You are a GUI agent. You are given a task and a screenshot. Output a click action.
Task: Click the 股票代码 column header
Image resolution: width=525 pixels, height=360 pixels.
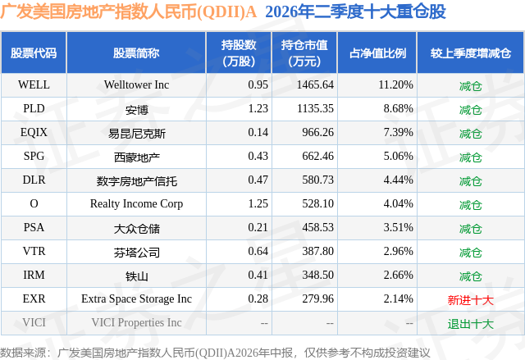(x=34, y=53)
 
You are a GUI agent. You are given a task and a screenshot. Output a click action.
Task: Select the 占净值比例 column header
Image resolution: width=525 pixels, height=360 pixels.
(x=377, y=53)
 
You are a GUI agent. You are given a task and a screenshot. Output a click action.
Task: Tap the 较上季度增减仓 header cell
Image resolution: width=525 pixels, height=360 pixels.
(x=470, y=53)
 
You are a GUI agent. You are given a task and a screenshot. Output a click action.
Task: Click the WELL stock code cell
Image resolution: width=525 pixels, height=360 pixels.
(x=34, y=84)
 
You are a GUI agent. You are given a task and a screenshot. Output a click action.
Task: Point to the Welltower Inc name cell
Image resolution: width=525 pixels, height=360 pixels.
(x=137, y=84)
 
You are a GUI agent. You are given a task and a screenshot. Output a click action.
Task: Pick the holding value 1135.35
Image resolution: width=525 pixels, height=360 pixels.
(x=315, y=108)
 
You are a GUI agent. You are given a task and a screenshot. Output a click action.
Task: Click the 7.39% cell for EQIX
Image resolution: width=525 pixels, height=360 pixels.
(x=398, y=132)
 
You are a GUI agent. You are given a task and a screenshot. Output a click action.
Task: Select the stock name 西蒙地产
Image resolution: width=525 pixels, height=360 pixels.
(x=137, y=157)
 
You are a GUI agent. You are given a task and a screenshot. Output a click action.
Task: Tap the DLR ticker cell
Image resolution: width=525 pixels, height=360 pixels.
(x=34, y=180)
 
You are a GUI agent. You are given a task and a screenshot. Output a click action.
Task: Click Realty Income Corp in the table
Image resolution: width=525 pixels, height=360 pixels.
(x=137, y=203)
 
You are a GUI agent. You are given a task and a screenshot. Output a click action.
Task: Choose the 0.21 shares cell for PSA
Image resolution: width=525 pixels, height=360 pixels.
(x=258, y=227)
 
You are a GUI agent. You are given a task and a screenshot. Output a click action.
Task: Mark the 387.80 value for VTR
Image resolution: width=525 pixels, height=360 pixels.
(x=317, y=251)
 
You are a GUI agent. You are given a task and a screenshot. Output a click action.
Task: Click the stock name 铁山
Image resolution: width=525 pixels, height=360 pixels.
(x=137, y=276)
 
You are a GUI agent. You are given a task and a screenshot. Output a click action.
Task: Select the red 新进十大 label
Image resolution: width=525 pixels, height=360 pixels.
(x=470, y=300)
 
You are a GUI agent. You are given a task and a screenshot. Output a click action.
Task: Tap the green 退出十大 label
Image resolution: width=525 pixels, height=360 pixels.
(x=470, y=324)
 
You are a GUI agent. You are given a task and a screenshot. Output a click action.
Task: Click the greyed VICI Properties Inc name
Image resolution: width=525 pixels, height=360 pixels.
(x=137, y=322)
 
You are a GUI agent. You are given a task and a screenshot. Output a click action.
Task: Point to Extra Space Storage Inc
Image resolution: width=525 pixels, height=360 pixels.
(x=137, y=298)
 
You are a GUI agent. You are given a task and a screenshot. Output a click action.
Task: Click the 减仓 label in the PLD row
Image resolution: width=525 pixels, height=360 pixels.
(x=470, y=110)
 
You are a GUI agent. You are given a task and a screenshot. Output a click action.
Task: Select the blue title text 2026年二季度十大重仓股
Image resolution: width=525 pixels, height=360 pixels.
(x=355, y=11)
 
